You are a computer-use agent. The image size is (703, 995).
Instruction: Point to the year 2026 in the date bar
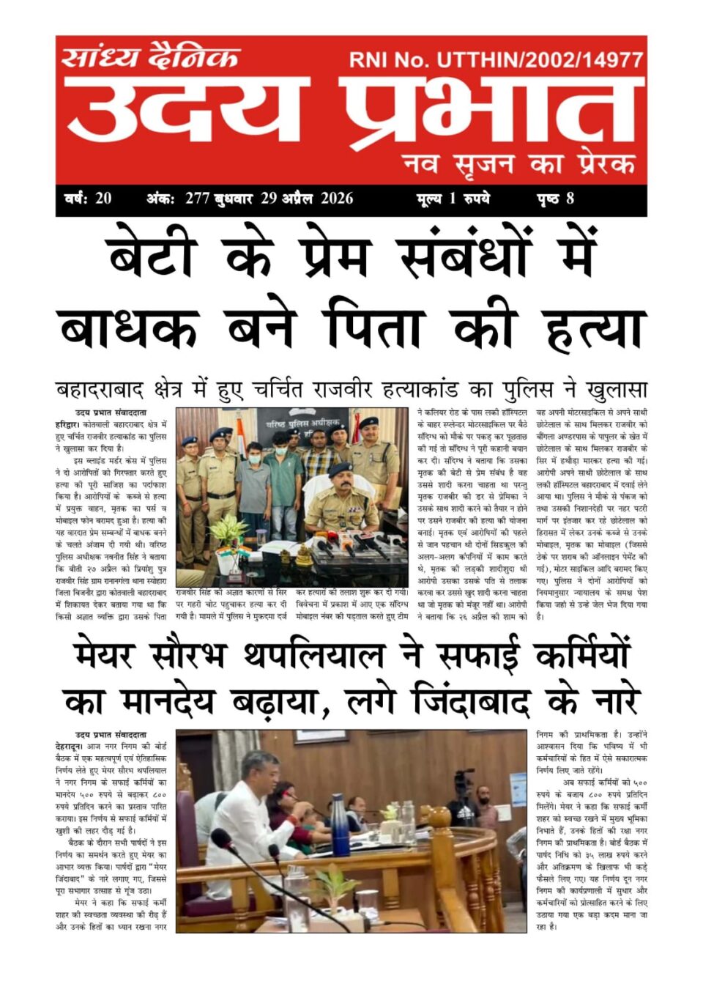[336, 199]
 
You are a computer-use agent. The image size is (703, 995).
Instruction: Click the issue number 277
[197, 199]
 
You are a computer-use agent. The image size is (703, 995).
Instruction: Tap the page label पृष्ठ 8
[556, 199]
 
